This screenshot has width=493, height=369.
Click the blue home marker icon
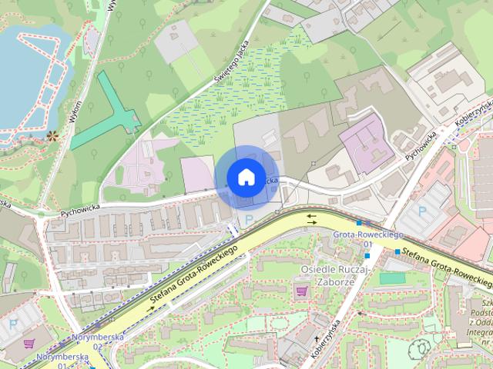pyautogui.click(x=245, y=177)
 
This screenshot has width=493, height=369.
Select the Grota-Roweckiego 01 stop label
pyautogui.click(x=358, y=237)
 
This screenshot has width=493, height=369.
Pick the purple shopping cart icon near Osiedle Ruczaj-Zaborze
pyautogui.click(x=301, y=291)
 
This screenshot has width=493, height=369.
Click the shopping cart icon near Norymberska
pyautogui.click(x=30, y=344)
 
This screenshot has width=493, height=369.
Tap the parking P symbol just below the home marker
pyautogui.click(x=247, y=220)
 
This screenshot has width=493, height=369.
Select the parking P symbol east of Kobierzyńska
pyautogui.click(x=421, y=210)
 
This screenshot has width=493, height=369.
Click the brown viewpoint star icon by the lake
pyautogui.click(x=52, y=137)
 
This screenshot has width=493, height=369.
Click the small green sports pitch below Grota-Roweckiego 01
pyautogui.click(x=392, y=278)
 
